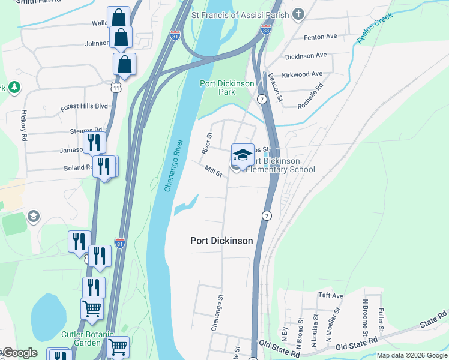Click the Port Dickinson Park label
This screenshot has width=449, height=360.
pos(227,88)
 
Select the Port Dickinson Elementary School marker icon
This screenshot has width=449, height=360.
pos(243,156)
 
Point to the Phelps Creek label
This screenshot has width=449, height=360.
pos(375,28)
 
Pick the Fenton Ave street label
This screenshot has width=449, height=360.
pos(321,37)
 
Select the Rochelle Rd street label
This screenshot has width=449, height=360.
pos(310,95)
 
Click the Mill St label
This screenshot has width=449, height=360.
pos(214,172)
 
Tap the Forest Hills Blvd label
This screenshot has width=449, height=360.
pos(84,107)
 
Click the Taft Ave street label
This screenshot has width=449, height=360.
pos(330,296)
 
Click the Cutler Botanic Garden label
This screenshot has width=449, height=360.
pos(80,338)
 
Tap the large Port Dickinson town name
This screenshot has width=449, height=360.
pos(221,241)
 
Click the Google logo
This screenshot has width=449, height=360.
pos(19,353)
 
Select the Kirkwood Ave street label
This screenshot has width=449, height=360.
pos(304,74)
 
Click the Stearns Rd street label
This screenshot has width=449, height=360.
pos(86,130)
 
